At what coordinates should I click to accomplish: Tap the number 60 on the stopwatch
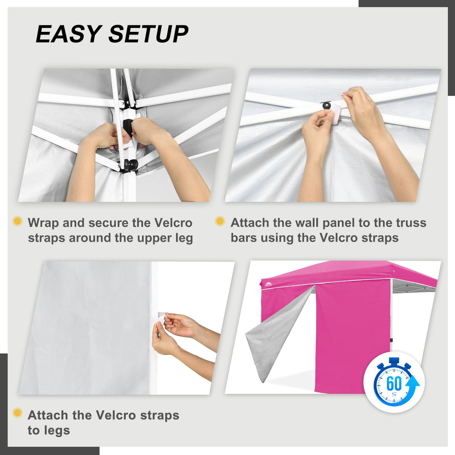pyautogui.click(x=394, y=383)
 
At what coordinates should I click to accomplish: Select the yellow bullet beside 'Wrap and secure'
pyautogui.click(x=18, y=221)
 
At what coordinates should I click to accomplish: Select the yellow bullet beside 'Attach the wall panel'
pyautogui.click(x=220, y=221)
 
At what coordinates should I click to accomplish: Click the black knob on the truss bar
pyautogui.click(x=326, y=105)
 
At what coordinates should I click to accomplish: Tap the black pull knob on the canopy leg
pyautogui.click(x=131, y=164)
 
